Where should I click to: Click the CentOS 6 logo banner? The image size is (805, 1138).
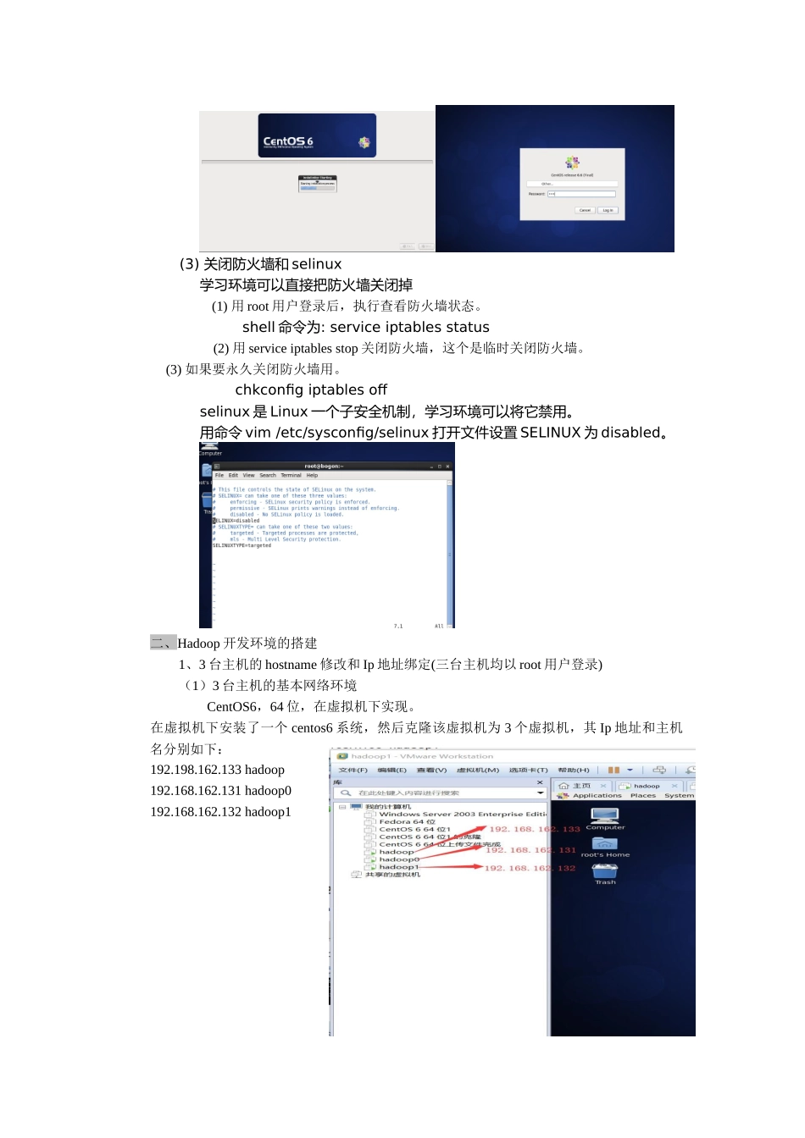click(x=317, y=135)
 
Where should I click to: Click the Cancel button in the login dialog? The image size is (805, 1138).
click(x=585, y=210)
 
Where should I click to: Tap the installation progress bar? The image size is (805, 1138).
click(x=317, y=188)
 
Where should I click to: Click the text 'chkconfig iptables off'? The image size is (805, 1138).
click(x=311, y=389)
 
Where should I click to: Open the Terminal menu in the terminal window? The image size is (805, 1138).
click(x=291, y=475)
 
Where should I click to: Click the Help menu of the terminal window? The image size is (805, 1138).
click(x=312, y=475)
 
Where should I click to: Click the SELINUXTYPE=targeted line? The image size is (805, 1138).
click(x=241, y=545)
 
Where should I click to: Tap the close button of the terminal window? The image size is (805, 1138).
click(x=447, y=467)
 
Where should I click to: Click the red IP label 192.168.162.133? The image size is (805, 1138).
click(x=535, y=829)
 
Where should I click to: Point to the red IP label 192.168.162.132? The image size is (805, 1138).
click(x=530, y=868)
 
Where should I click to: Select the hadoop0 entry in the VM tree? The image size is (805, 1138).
click(x=399, y=859)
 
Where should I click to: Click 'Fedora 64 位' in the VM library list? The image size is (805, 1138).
click(x=407, y=821)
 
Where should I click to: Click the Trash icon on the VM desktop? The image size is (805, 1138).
click(x=605, y=871)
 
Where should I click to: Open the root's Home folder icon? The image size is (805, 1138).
click(x=605, y=844)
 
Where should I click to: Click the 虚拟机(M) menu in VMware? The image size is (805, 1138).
click(x=478, y=771)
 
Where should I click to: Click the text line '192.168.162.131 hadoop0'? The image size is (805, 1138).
click(x=220, y=791)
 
